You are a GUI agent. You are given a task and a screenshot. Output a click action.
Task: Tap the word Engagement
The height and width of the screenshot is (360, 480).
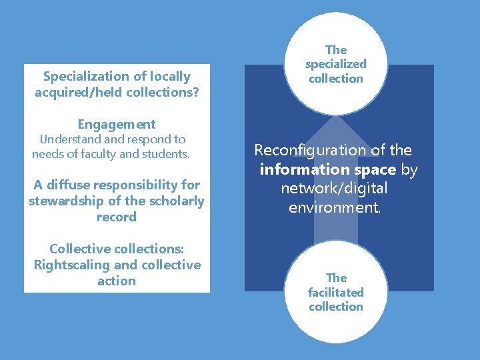tap(117, 125)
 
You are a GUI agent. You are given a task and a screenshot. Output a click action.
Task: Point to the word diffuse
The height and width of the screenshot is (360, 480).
tap(68, 185)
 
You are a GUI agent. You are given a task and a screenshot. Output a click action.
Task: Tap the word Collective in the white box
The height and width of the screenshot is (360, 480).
tap(81, 249)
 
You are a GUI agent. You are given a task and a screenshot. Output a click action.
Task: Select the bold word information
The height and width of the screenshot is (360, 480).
tap(305, 169)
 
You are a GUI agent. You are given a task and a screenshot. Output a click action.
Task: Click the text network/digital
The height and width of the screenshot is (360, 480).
tap(334, 189)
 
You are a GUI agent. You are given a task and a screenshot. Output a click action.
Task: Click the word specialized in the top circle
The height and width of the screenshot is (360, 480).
tap(336, 64)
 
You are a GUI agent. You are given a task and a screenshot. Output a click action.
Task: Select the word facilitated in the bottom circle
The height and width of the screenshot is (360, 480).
tap(336, 292)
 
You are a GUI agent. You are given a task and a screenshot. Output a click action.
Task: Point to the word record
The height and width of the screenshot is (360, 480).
tap(117, 217)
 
